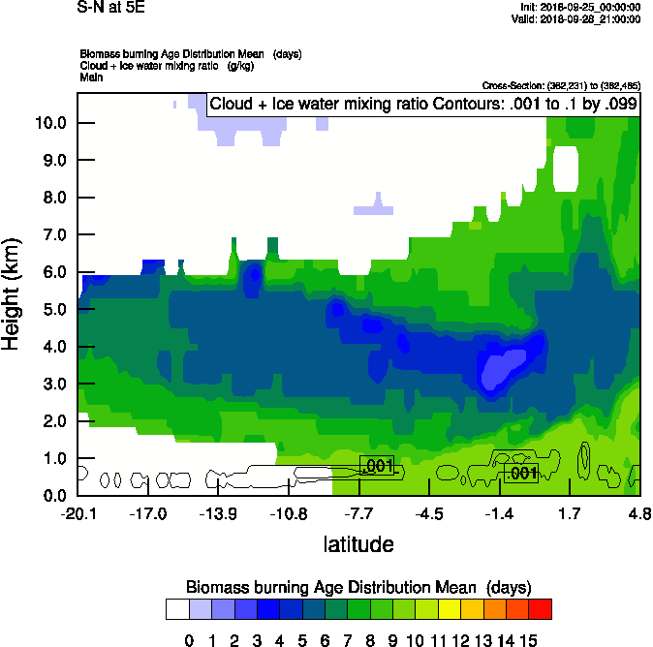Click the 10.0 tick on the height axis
[x=50, y=123]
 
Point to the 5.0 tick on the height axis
[x=50, y=310]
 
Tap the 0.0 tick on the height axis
[x=50, y=496]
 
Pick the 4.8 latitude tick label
[x=638, y=514]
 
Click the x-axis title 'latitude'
[x=358, y=544]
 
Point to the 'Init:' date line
[x=579, y=7]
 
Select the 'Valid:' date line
[x=578, y=18]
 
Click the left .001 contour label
[x=378, y=466]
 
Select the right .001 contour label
[x=521, y=473]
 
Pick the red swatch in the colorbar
[x=541, y=608]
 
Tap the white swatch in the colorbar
[x=176, y=608]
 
